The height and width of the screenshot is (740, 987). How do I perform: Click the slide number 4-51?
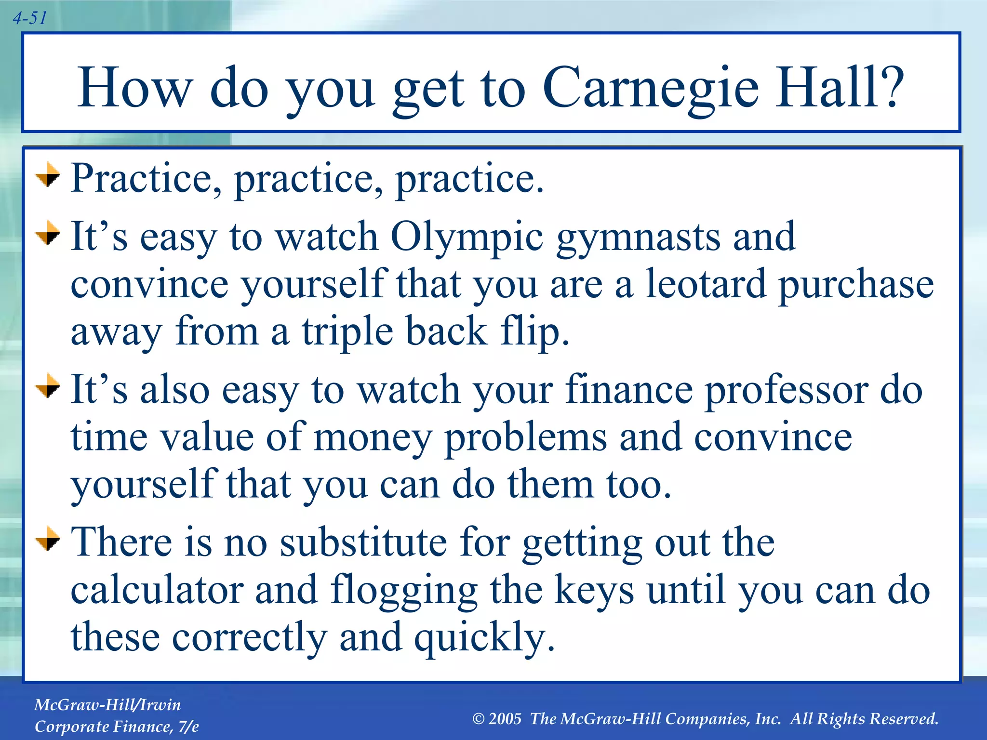(30, 18)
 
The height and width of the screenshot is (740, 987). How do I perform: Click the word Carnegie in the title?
(651, 88)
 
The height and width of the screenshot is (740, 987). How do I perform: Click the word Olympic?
(467, 237)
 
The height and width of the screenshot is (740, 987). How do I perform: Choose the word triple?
(347, 332)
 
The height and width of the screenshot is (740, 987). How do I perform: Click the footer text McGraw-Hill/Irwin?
(107, 705)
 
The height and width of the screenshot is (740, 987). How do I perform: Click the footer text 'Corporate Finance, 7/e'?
(117, 727)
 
